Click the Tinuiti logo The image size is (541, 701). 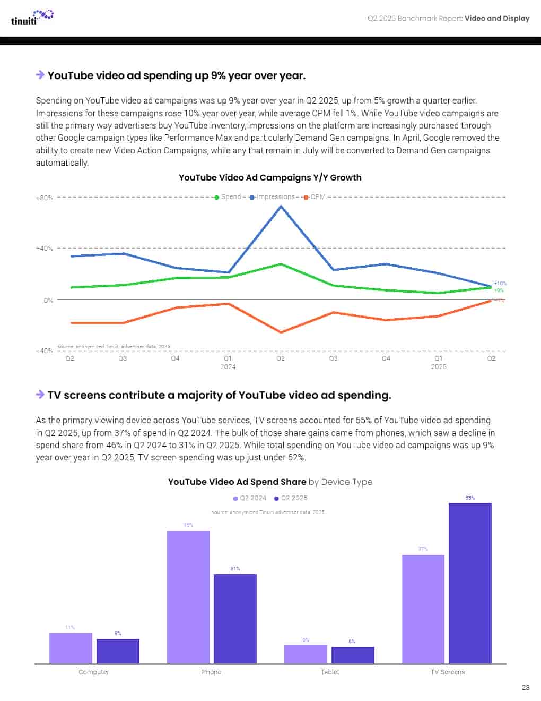[32, 18]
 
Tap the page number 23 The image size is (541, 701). [526, 687]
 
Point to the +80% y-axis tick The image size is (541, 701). [45, 198]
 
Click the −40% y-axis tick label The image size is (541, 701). [45, 351]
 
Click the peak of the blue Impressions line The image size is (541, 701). [281, 206]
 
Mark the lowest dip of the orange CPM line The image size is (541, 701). [281, 332]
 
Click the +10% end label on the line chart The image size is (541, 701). [500, 284]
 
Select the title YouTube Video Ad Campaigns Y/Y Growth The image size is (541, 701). [270, 177]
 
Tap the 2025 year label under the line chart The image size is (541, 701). [439, 367]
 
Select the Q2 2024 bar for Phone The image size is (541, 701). [188, 597]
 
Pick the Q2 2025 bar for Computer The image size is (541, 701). [118, 651]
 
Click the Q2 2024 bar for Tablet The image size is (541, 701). [306, 654]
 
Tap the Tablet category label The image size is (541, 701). [330, 672]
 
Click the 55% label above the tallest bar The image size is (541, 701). [470, 498]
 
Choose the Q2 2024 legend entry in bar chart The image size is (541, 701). [250, 498]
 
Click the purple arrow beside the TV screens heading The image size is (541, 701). [40, 395]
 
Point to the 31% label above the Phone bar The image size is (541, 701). [235, 569]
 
